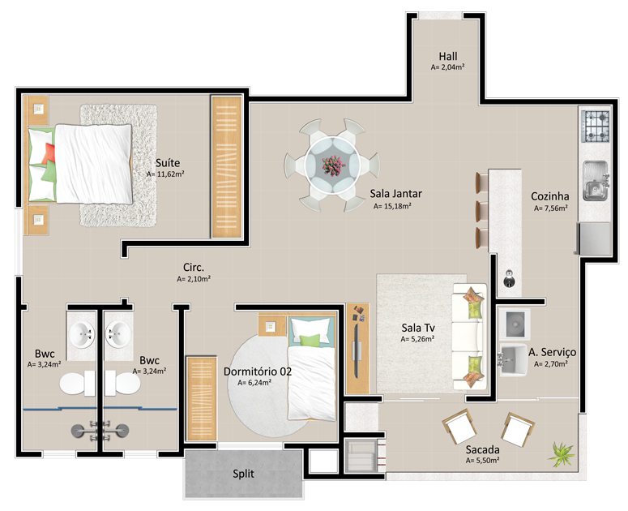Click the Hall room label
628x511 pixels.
448,57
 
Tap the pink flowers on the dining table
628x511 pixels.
333,165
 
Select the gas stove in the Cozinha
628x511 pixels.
595,127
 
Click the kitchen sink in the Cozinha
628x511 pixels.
595,180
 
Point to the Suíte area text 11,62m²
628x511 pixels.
165,174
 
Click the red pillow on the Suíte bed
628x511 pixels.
49,152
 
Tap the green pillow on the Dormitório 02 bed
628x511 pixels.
310,341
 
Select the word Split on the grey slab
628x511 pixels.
243,474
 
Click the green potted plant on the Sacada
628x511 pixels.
562,454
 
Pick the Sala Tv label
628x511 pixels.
418,328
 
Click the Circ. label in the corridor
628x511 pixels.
194,268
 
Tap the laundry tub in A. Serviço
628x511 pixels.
513,359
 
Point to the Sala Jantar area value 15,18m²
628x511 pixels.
392,206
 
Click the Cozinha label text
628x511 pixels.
550,196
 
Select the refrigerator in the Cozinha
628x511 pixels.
594,238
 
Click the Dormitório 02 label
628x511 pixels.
258,371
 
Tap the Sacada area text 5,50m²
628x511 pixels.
482,461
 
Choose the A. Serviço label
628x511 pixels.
553,352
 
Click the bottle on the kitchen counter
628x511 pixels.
509,278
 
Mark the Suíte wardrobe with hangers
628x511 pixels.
227,167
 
